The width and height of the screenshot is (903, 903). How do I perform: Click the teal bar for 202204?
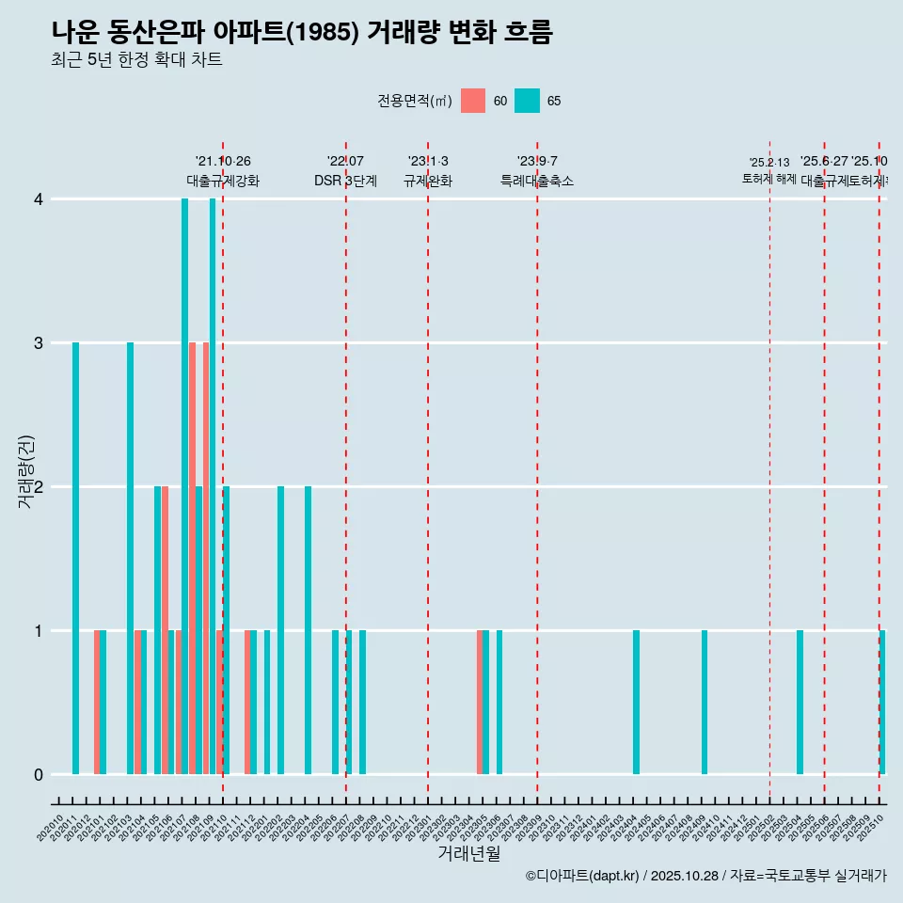(x=308, y=630)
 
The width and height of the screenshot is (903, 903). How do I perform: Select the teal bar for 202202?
(x=280, y=630)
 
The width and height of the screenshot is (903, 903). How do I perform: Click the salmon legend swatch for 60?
(x=473, y=101)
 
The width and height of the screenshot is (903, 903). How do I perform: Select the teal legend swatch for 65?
(x=528, y=101)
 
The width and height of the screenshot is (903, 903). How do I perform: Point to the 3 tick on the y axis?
(x=39, y=342)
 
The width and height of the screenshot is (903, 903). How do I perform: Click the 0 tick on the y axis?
(x=39, y=774)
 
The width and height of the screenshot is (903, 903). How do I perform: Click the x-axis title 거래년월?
(x=468, y=853)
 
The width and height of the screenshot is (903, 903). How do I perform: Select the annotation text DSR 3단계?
(x=345, y=181)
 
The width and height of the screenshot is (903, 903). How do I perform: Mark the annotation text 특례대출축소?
(x=536, y=181)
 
